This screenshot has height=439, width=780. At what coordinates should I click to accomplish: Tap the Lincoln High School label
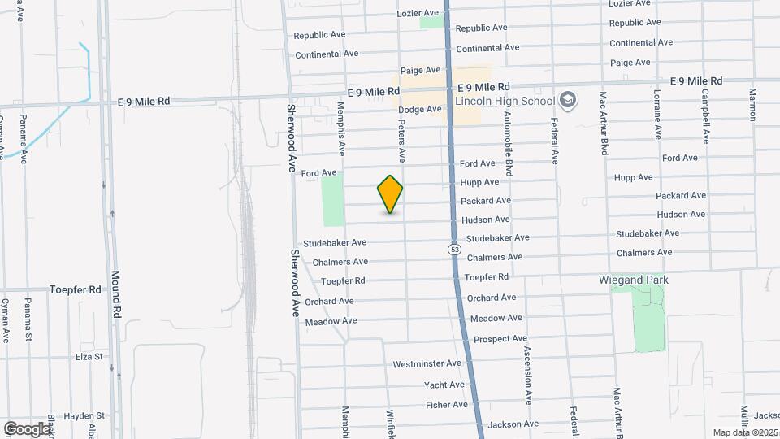pyautogui.click(x=505, y=102)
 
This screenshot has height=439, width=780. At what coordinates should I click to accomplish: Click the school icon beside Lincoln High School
pyautogui.click(x=568, y=101)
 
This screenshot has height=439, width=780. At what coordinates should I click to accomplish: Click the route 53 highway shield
pyautogui.click(x=454, y=248)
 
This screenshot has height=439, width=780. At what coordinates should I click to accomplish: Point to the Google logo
pyautogui.click(x=27, y=428)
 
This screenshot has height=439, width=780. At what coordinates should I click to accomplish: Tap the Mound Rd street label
pyautogui.click(x=117, y=293)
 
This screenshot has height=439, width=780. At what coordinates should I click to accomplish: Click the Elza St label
pyautogui.click(x=89, y=356)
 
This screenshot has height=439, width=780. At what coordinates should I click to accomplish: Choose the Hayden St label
pyautogui.click(x=85, y=415)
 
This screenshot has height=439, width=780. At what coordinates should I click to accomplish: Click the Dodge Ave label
pyautogui.click(x=418, y=109)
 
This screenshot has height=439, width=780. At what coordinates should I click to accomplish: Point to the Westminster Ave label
pyautogui.click(x=427, y=363)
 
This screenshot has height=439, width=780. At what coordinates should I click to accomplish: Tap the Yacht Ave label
pyautogui.click(x=444, y=385)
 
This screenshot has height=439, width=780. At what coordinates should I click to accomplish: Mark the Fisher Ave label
pyautogui.click(x=447, y=404)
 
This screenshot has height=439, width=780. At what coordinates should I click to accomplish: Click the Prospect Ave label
pyautogui.click(x=500, y=338)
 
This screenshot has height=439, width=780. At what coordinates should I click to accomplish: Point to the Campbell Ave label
pyautogui.click(x=704, y=115)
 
